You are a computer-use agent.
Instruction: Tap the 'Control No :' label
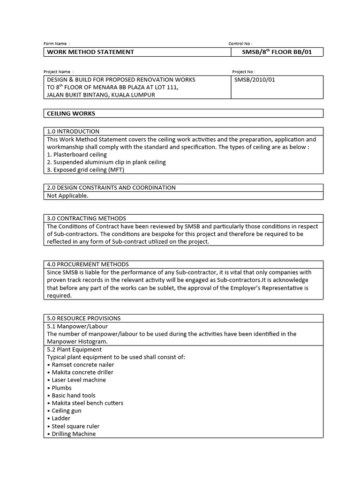click(240, 44)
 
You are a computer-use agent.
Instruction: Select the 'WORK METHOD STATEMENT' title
click(90, 52)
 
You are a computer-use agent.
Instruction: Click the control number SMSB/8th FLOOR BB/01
click(277, 52)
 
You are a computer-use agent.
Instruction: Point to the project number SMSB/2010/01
click(255, 80)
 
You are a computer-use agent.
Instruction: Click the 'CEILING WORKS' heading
click(71, 113)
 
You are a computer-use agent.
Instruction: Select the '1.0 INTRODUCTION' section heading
click(73, 131)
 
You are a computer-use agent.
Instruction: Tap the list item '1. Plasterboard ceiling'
click(77, 155)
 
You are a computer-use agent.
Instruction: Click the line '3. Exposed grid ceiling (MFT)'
click(86, 170)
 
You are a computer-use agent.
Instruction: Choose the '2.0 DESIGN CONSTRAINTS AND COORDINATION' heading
click(111, 187)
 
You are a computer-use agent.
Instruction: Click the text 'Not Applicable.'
click(67, 195)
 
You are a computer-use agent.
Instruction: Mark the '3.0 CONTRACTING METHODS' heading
click(87, 218)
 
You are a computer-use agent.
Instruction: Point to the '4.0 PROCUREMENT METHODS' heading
click(88, 264)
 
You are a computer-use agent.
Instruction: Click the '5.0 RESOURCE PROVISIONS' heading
click(84, 318)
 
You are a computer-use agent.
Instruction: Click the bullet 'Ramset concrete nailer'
click(82, 365)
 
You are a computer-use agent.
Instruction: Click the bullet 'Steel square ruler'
click(75, 426)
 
